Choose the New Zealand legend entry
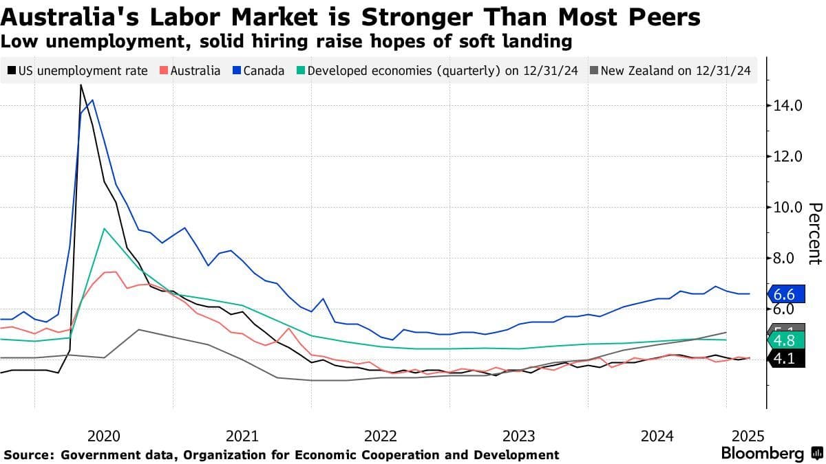pyautogui.click(x=670, y=70)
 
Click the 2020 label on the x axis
pyautogui.click(x=104, y=436)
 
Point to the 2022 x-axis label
pyautogui.click(x=380, y=436)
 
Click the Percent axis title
pyautogui.click(x=815, y=234)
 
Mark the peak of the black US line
pyautogui.click(x=81, y=85)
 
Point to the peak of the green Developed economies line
pyautogui.click(x=103, y=228)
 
